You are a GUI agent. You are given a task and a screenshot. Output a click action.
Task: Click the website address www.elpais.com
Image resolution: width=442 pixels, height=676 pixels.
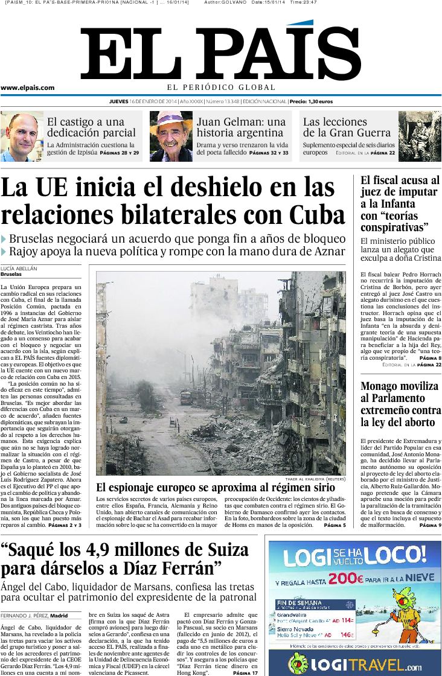(x=27, y=88)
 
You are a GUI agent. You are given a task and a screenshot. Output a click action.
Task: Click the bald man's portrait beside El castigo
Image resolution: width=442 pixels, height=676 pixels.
(x=22, y=136)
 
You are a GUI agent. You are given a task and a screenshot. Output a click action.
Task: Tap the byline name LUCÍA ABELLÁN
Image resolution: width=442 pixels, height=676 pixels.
(x=19, y=268)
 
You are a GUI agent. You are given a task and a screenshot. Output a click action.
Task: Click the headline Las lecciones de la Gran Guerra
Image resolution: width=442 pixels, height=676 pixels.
(x=347, y=127)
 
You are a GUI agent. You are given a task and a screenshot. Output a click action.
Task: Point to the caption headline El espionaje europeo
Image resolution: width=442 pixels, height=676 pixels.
(x=215, y=488)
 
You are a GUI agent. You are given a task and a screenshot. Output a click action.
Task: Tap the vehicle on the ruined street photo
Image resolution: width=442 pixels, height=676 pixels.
(x=186, y=397)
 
